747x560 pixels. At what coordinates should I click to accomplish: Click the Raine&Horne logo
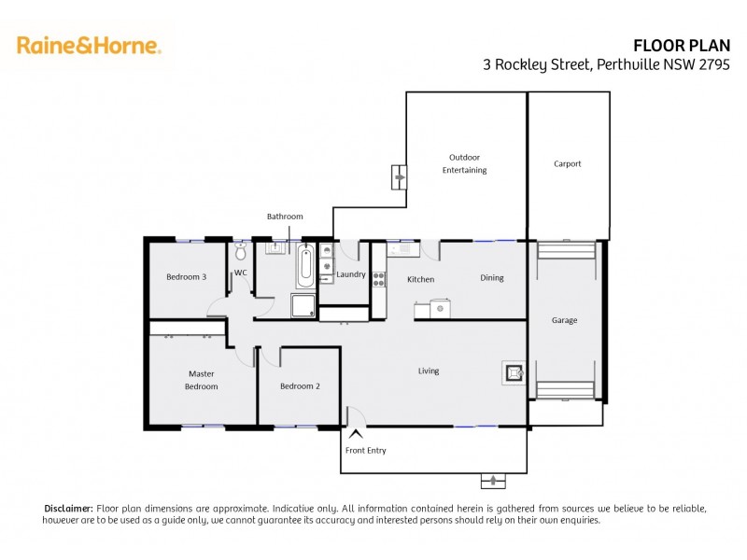89,45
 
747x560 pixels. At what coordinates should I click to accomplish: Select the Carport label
567,163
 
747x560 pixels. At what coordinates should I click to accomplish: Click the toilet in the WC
240,252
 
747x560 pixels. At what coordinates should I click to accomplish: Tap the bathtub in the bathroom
305,266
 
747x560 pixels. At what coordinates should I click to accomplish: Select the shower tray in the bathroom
303,306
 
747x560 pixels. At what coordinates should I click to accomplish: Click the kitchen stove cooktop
379,277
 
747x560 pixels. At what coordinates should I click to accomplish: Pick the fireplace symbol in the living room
513,373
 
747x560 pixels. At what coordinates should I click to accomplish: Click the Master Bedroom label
201,380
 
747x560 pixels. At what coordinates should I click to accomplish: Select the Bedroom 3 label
186,276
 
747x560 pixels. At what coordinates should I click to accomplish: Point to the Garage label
564,320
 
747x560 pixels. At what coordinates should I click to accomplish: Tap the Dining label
492,278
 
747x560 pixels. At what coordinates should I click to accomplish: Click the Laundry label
351,274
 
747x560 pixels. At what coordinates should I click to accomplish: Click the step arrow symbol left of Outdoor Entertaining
399,175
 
